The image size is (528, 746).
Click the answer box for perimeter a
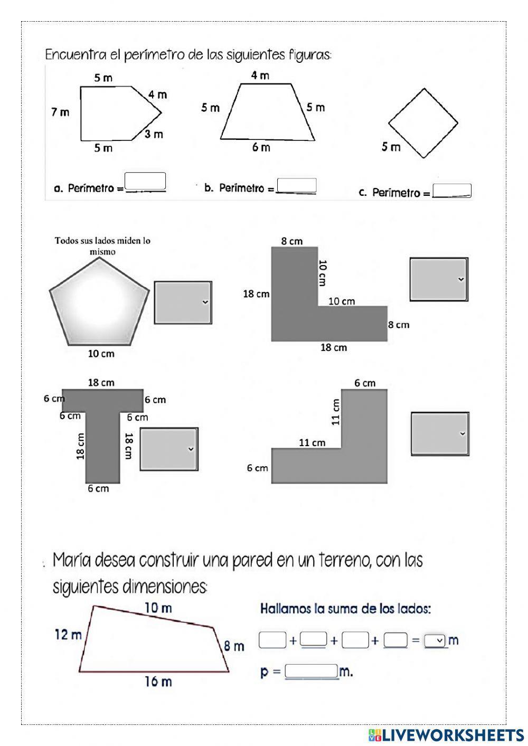(x=145, y=181)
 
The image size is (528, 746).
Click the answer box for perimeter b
(x=297, y=185)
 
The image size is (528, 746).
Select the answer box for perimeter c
(x=451, y=191)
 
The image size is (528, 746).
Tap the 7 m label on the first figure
(x=60, y=112)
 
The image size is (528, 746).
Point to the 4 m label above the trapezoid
(x=260, y=75)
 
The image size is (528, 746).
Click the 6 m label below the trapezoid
(x=261, y=147)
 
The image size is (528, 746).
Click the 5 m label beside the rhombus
(x=391, y=147)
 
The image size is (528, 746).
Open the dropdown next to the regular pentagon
(x=183, y=303)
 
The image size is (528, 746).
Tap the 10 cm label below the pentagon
(x=101, y=354)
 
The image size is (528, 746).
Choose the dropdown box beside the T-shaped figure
(x=169, y=449)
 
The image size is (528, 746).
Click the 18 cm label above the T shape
(x=101, y=382)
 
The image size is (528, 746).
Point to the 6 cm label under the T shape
(x=98, y=488)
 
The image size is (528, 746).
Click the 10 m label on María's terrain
(x=158, y=608)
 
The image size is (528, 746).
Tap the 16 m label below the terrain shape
(x=158, y=682)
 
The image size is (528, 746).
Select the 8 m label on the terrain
(x=234, y=646)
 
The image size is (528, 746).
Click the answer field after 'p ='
(x=311, y=672)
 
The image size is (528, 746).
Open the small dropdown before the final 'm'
(x=435, y=640)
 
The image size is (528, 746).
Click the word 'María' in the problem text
(x=73, y=560)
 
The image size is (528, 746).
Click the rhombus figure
(x=423, y=123)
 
